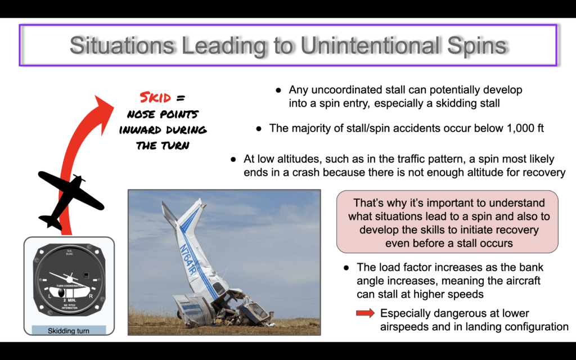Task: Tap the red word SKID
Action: [155, 98]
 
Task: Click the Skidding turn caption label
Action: [69, 331]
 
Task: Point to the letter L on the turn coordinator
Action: [50, 296]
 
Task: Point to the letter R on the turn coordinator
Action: [91, 296]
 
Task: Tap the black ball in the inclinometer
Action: [61, 292]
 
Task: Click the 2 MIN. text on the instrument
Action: [69, 300]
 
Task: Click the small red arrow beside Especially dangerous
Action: [366, 313]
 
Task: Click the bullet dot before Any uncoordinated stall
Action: [278, 90]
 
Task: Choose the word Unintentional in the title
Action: [370, 46]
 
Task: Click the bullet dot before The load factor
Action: [346, 268]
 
